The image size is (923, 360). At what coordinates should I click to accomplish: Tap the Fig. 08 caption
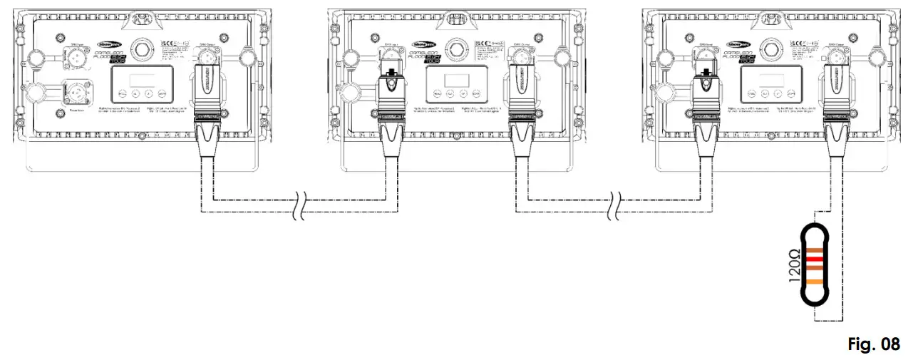pyautogui.click(x=874, y=344)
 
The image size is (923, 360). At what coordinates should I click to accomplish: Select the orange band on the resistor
pyautogui.click(x=814, y=282)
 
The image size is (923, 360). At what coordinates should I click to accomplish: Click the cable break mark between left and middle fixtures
pyautogui.click(x=297, y=203)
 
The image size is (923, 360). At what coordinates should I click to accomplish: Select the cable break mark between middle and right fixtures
pyautogui.click(x=615, y=203)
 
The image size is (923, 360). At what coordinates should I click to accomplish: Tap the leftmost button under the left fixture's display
pyautogui.click(x=122, y=93)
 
